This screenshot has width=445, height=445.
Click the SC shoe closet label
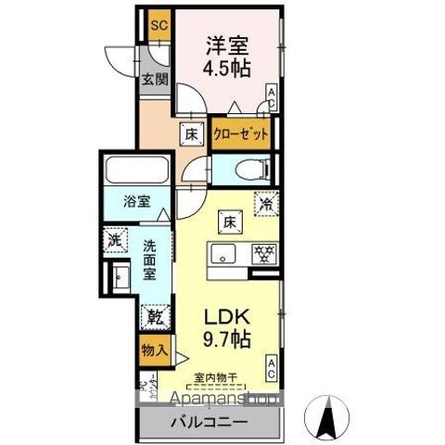(158, 25)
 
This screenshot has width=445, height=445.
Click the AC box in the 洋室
(272, 95)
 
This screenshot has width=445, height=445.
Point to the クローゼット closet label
(242, 134)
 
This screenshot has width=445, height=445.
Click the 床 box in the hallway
(191, 133)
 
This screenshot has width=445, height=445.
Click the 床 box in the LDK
(228, 222)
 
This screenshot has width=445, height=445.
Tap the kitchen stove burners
(261, 253)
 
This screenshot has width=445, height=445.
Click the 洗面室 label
(148, 262)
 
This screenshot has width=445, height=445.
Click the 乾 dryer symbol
(153, 317)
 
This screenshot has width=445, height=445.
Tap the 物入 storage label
(154, 350)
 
